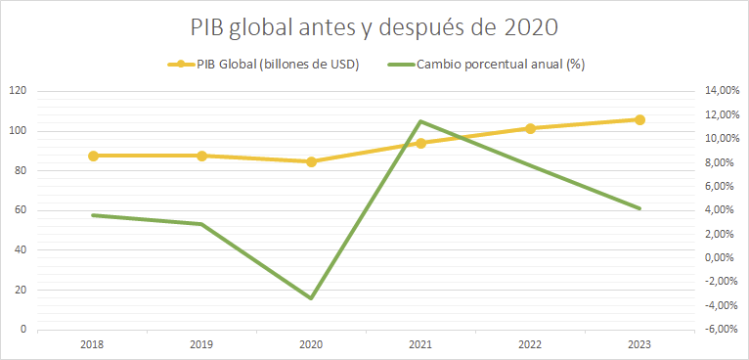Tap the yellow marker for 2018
tap(93, 156)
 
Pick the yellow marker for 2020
tap(311, 161)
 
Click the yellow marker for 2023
tap(639, 119)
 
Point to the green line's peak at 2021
tap(420, 121)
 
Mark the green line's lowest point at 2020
tap(311, 298)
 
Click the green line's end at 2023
tap(639, 208)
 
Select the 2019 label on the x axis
tap(201, 344)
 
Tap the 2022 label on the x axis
tap(530, 344)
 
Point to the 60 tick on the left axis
tap(20, 210)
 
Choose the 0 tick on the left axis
tap(22, 330)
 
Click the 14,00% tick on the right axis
tap(722, 91)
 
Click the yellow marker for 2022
tap(530, 128)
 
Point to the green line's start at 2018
tap(93, 215)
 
